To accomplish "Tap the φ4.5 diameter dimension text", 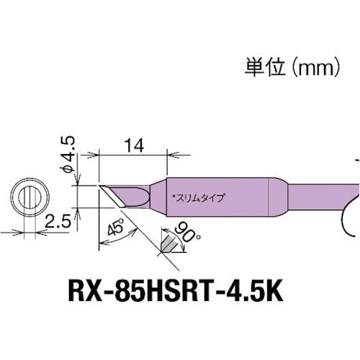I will [x=66, y=158].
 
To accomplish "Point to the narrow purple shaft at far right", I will [x=324, y=196].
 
